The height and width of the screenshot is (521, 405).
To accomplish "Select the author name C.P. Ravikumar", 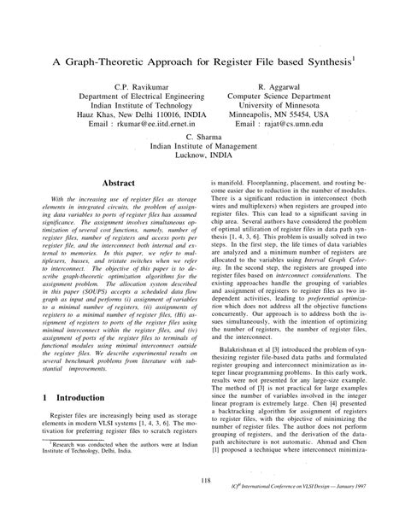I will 129,87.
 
